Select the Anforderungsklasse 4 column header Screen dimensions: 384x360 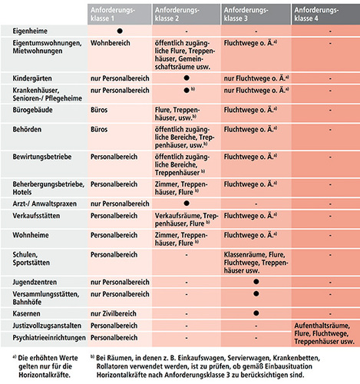point(325,13)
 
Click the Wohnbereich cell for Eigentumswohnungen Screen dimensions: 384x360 point(112,45)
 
